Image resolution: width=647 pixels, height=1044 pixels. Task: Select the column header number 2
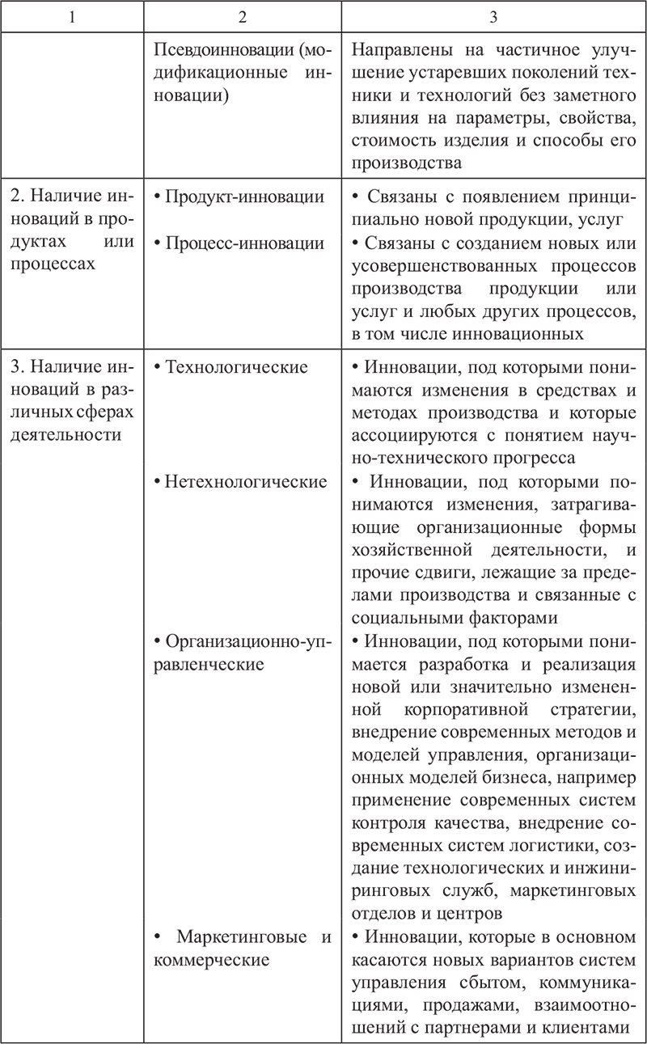[x=242, y=15]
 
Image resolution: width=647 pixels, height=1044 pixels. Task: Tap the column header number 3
[x=493, y=15]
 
